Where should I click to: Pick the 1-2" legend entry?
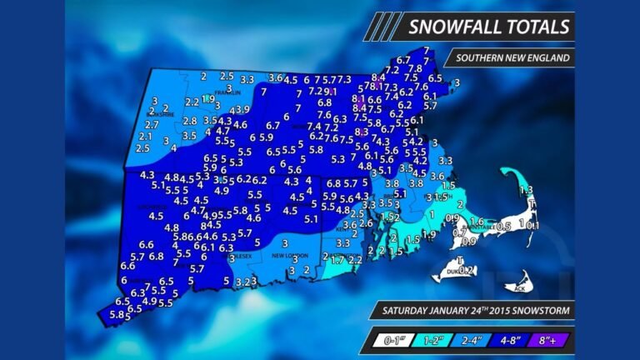pyautogui.click(x=433, y=340)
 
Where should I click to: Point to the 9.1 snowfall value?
pyautogui.click(x=330, y=92)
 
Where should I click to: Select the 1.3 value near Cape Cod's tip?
pyautogui.click(x=526, y=191)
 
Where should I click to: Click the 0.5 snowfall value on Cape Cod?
pyautogui.click(x=503, y=226)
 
